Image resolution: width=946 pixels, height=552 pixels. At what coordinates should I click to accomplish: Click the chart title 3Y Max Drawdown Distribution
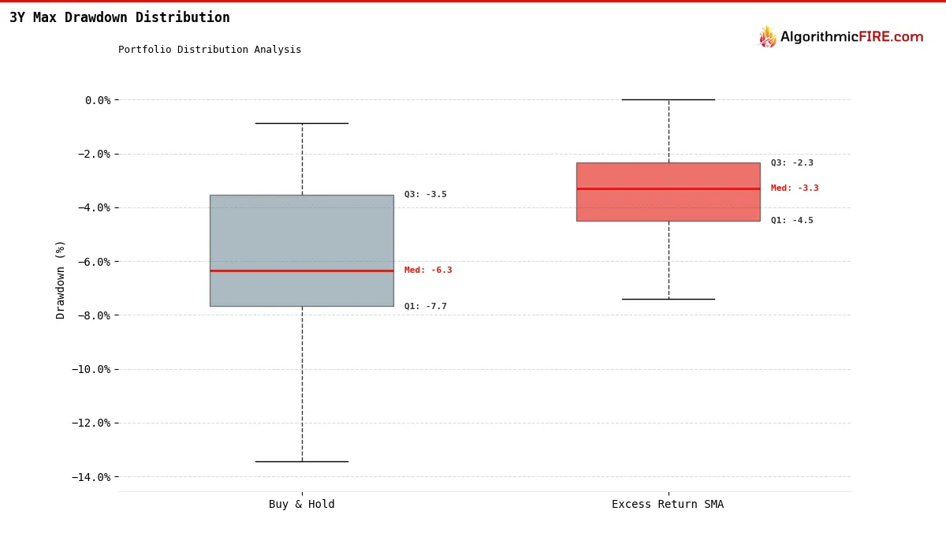[120, 17]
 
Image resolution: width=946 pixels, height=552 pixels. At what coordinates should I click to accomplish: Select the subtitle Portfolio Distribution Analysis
[210, 50]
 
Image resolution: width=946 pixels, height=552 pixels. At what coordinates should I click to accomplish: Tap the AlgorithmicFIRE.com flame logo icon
[767, 37]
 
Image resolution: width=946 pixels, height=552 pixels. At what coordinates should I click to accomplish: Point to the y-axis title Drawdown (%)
[61, 279]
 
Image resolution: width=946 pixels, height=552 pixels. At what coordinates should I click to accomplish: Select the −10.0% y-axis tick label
[91, 369]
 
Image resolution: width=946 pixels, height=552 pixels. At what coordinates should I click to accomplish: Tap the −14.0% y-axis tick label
[91, 477]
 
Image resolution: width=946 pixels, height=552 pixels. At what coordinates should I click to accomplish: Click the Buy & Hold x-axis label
[301, 505]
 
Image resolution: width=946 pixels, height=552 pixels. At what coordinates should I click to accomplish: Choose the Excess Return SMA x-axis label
[668, 505]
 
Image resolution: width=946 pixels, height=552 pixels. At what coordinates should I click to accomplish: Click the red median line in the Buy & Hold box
[301, 270]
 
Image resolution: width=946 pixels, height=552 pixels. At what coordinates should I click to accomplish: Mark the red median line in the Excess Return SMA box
[668, 188]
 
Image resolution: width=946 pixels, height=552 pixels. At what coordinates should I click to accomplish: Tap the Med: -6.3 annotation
[428, 270]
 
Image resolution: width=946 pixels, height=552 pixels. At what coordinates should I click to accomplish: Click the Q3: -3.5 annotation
[426, 195]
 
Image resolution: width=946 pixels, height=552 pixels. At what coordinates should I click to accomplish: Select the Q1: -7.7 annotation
[426, 307]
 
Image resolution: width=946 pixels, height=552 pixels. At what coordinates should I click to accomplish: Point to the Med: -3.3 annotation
[795, 188]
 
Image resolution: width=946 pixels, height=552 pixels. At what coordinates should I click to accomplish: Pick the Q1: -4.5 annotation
[792, 221]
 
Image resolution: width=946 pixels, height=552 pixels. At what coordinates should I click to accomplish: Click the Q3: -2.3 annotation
[792, 163]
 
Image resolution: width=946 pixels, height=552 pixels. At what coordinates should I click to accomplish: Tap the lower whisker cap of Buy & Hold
[301, 461]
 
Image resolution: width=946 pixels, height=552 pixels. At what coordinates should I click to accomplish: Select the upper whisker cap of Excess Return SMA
[668, 99]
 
